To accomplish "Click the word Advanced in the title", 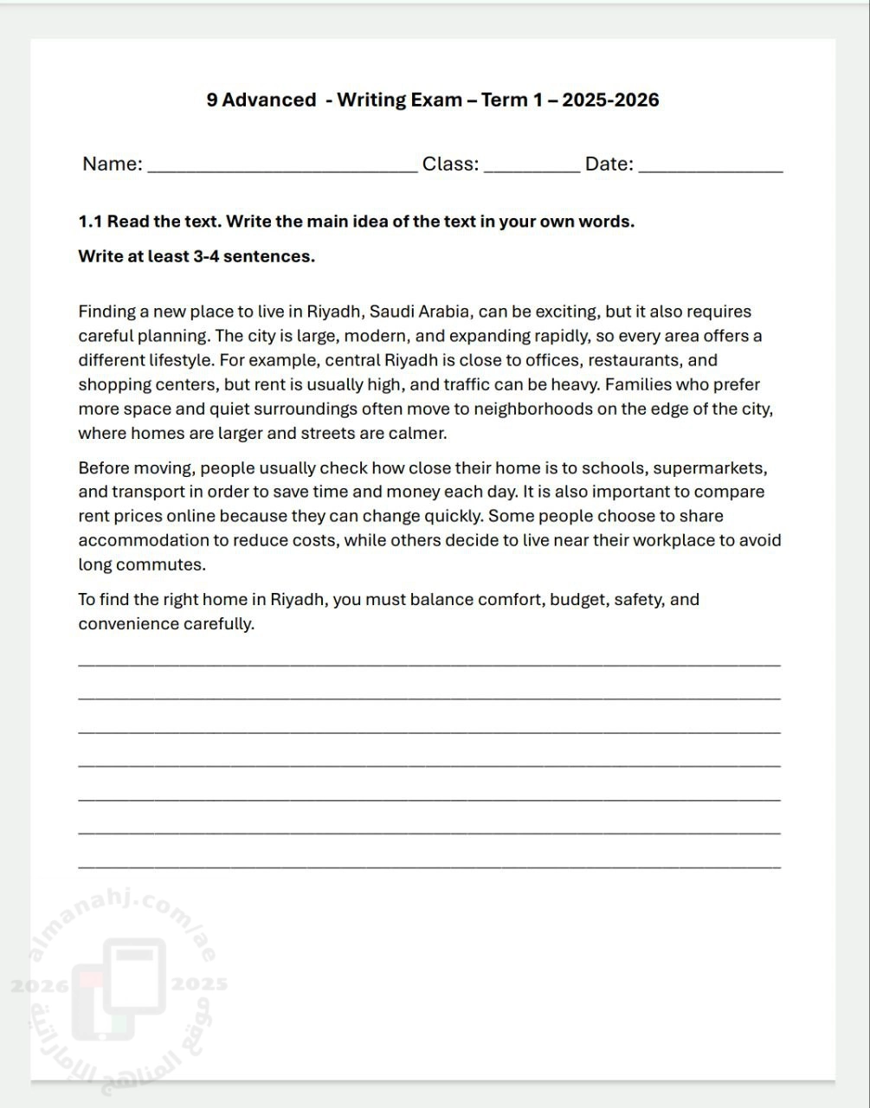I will tap(269, 100).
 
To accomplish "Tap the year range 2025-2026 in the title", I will tap(610, 100).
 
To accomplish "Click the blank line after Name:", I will tap(282, 171).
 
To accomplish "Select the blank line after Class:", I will tap(532, 171).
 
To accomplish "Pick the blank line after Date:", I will tap(710, 171).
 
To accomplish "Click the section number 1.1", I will tap(90, 222).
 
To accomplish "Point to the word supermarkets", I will tap(709, 468).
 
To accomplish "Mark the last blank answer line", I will tap(429, 866).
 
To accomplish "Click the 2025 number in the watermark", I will tap(200, 984).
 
